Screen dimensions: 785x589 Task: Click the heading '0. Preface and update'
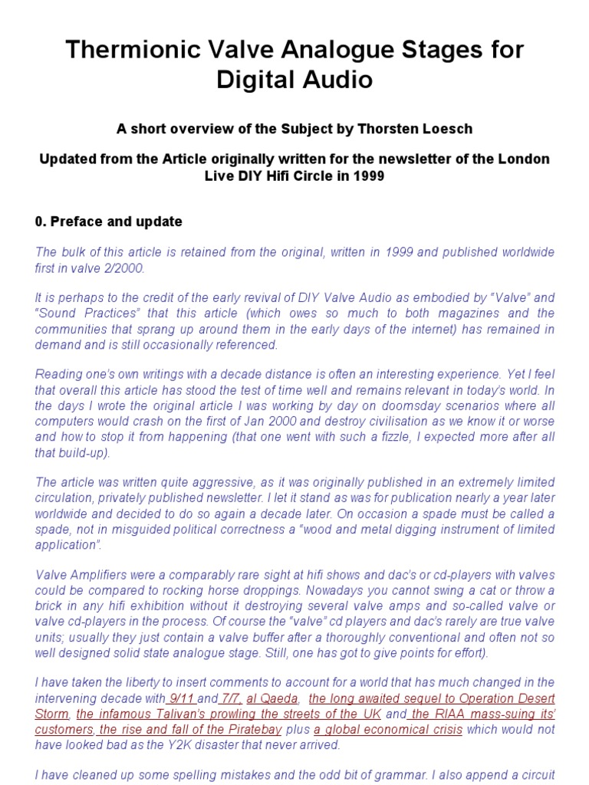click(108, 222)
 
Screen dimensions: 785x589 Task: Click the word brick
click(50, 605)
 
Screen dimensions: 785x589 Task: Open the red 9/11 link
click(183, 698)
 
